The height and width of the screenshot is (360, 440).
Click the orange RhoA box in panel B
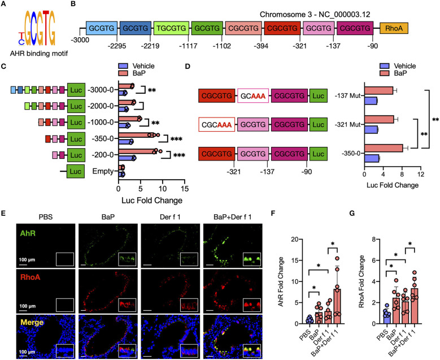pyautogui.click(x=395, y=28)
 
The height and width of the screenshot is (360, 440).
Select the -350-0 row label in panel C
pyautogui.click(x=102, y=138)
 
